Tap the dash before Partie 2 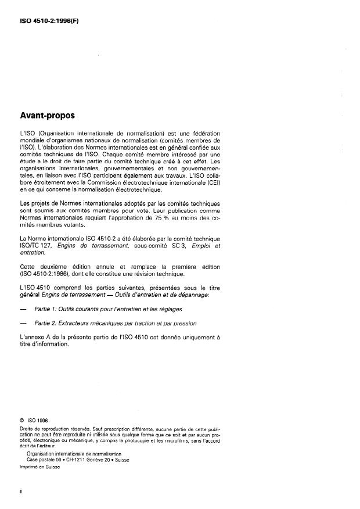(x=23, y=322)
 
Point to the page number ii (x=21, y=492)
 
